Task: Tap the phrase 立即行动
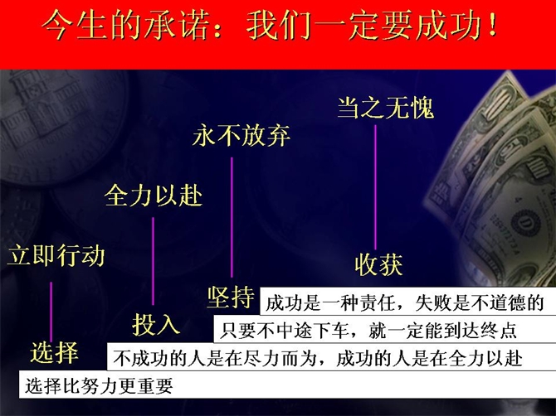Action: tap(56, 255)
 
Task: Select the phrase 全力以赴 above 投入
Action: tap(154, 196)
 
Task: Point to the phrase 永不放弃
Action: tap(241, 135)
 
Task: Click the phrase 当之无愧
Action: tap(385, 108)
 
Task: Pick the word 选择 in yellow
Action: tap(54, 353)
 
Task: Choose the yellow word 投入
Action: tap(156, 324)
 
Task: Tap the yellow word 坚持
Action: tap(231, 297)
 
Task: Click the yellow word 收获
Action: tap(378, 264)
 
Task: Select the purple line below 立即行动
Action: tap(51, 312)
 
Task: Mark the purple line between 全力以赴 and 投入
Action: tap(154, 261)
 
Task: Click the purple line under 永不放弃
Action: tap(232, 217)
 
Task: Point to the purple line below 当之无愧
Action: tap(376, 187)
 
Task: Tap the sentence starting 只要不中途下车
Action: tap(368, 331)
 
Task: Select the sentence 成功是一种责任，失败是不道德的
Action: tap(405, 303)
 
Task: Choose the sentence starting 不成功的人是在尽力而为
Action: tap(318, 358)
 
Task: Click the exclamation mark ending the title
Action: tap(492, 25)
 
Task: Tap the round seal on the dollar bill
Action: tap(525, 223)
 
